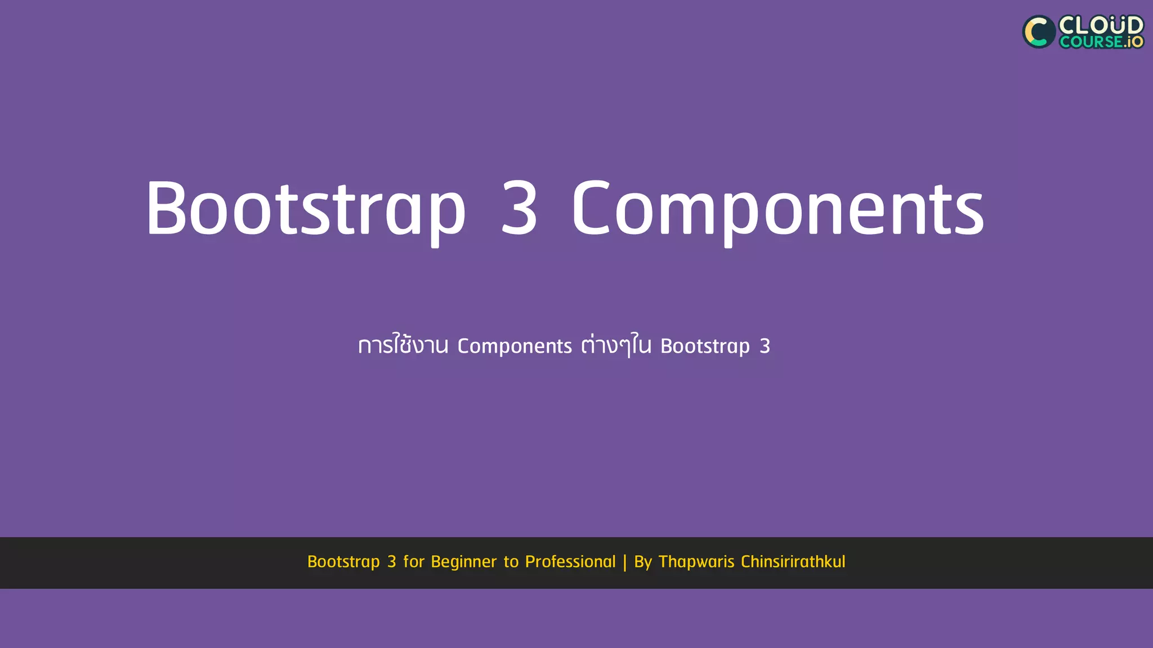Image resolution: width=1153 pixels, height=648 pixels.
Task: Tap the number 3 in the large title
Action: [x=519, y=208]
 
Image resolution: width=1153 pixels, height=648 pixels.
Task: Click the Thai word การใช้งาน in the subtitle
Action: [x=403, y=345]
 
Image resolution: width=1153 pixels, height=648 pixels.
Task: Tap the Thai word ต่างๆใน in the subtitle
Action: [x=616, y=345]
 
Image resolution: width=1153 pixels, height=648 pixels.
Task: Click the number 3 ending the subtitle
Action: [x=765, y=346]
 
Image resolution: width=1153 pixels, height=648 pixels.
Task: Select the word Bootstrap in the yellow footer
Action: [x=343, y=562]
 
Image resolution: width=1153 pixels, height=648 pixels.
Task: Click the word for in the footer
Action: [x=414, y=561]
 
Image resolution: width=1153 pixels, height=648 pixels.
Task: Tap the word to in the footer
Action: [x=511, y=561]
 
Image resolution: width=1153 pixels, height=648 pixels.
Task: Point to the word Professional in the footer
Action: [x=570, y=561]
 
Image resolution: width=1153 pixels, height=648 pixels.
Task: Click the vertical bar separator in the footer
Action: [x=625, y=562]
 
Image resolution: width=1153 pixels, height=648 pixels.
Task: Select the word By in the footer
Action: [x=643, y=562]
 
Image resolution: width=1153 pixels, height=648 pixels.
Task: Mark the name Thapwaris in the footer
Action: [x=696, y=562]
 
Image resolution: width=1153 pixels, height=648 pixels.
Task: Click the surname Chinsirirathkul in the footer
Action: [x=793, y=561]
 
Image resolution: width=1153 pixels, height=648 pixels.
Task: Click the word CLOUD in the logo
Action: [x=1101, y=25]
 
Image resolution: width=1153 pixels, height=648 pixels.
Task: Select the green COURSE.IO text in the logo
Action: [x=1101, y=42]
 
